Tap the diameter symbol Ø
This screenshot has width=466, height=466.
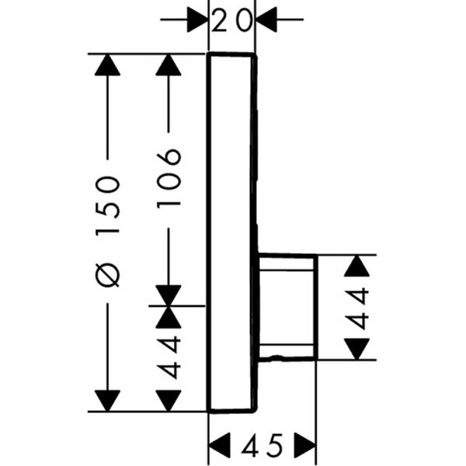110,274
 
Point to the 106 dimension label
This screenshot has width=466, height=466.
169,178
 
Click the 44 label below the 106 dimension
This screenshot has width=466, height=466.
169,357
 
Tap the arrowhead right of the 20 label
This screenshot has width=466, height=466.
267,21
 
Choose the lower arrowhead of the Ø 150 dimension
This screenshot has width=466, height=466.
108,400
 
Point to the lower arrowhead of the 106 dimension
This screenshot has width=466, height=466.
169,295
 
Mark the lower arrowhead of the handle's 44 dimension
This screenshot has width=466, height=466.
356,349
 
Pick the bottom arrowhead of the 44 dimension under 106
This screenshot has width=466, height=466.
169,401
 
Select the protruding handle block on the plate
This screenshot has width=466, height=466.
287,307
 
